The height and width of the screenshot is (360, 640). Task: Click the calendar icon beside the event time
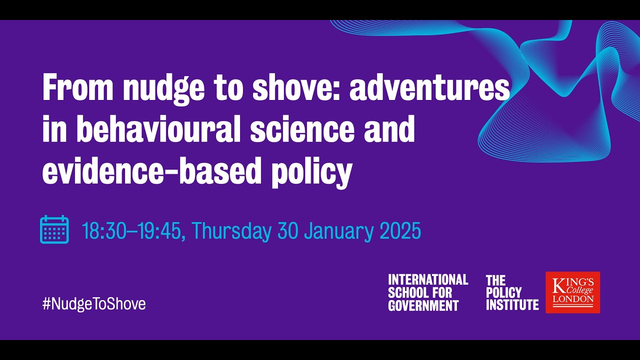pos(54,229)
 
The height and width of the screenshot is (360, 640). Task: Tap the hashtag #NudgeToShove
pos(94,303)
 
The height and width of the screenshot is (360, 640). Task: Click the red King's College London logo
pos(572,292)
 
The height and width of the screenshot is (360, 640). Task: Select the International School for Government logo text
pos(428,292)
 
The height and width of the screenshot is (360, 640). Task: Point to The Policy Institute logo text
pos(512,292)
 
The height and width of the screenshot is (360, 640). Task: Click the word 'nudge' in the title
pos(163,88)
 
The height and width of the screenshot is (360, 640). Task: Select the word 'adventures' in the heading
pos(429,88)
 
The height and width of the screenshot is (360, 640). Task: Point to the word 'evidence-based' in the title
pos(151,171)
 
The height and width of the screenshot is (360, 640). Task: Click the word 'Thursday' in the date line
pos(231,231)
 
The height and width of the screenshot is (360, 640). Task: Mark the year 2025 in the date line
pos(400,231)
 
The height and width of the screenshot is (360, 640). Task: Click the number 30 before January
pos(288,231)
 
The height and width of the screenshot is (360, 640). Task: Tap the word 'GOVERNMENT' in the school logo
pos(423,305)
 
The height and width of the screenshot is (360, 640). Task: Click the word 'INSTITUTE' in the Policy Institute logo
pos(512,304)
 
